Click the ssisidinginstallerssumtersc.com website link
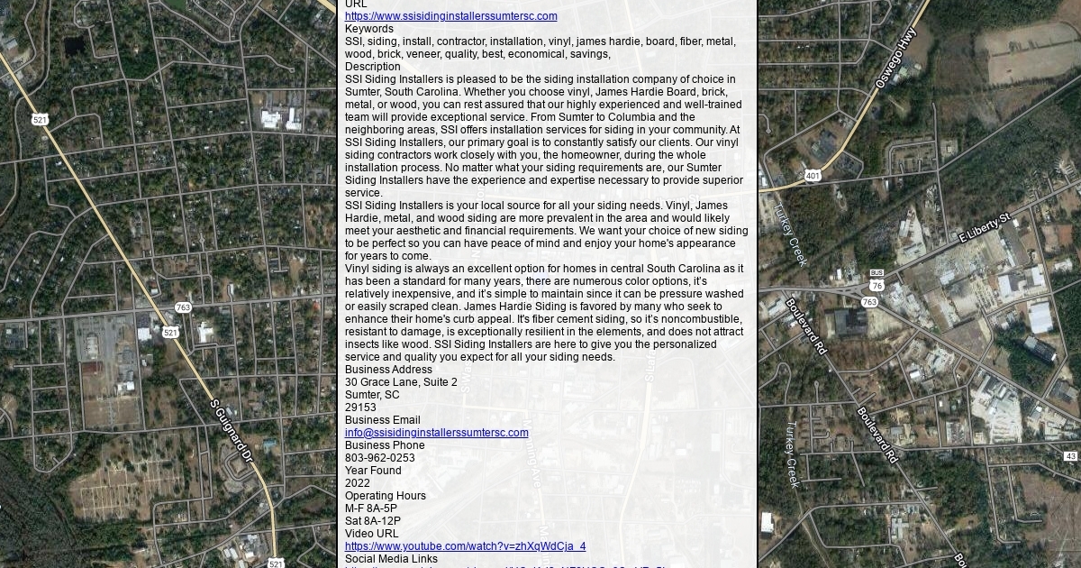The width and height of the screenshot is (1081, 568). (x=450, y=16)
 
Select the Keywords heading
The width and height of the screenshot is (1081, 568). (x=369, y=29)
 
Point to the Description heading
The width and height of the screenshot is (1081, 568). (x=373, y=67)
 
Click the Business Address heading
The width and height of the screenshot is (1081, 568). (x=388, y=370)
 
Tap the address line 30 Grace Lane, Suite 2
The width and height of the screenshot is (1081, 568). (x=401, y=382)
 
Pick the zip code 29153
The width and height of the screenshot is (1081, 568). (x=360, y=408)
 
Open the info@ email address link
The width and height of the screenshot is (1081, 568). (x=436, y=433)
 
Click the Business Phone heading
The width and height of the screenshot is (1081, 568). (x=385, y=445)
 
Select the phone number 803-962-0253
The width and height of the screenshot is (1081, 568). (x=380, y=458)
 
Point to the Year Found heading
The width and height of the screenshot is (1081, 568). (x=373, y=471)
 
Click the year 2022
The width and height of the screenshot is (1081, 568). (x=358, y=483)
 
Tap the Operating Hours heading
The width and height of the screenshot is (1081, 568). (x=386, y=496)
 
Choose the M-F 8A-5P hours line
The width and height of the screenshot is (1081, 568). (x=371, y=508)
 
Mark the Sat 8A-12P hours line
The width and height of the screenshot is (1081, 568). (x=373, y=521)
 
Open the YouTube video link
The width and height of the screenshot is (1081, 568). (x=465, y=546)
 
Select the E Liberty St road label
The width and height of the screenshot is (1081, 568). (x=986, y=227)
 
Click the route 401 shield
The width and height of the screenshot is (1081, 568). (x=813, y=176)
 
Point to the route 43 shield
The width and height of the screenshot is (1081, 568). (x=1071, y=457)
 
